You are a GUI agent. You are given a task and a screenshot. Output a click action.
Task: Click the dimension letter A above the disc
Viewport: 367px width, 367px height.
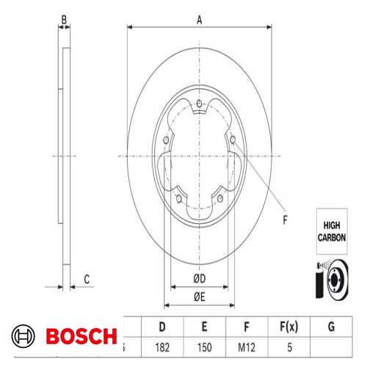click(200, 20)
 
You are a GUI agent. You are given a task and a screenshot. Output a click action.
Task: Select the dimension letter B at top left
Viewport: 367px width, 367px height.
click(64, 20)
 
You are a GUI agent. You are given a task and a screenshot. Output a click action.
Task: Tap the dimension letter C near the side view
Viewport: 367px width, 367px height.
click(87, 280)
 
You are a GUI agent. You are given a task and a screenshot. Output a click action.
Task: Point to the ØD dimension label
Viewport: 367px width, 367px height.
click(200, 279)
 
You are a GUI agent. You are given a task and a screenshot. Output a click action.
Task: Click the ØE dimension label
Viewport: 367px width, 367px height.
click(200, 297)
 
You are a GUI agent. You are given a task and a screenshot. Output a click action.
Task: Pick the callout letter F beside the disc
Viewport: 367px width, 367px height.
click(285, 220)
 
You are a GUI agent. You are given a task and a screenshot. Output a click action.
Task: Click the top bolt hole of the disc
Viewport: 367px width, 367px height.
click(200, 103)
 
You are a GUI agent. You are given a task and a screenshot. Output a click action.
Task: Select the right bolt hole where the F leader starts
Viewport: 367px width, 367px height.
click(233, 139)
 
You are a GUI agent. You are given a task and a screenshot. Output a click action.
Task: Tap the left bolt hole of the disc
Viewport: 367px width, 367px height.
click(166, 140)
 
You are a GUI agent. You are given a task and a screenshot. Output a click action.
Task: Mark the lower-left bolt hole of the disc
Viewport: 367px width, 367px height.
click(179, 199)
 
